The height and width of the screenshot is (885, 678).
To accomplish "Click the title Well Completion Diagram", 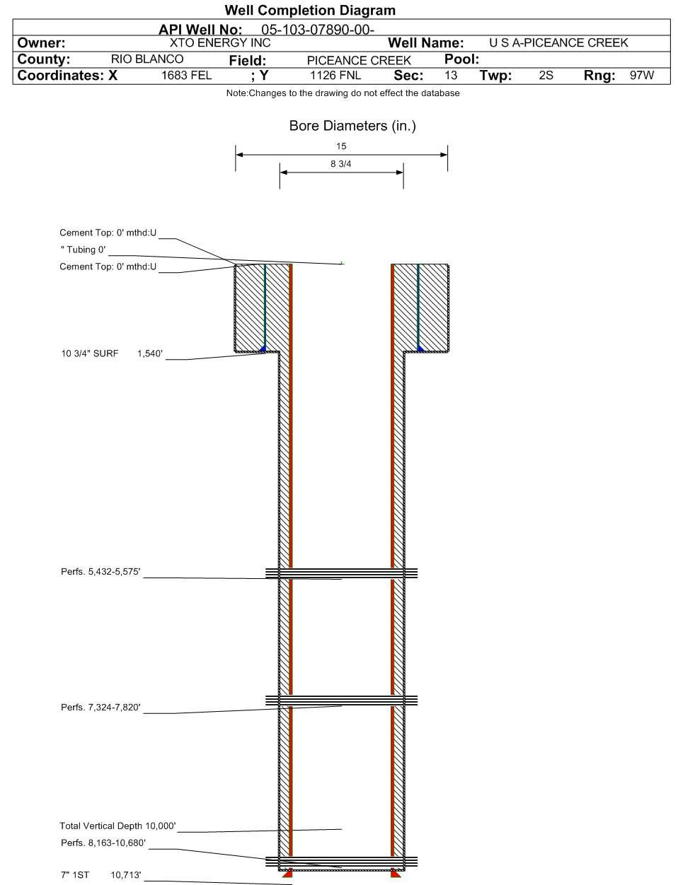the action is click(x=310, y=10).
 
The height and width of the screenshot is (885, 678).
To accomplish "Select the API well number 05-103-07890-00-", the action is click(x=318, y=30).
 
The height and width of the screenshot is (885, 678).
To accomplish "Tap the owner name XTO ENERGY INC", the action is click(x=220, y=42).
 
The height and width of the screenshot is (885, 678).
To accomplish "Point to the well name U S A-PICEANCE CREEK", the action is click(x=558, y=42).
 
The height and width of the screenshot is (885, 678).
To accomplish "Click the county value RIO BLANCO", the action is click(x=147, y=59).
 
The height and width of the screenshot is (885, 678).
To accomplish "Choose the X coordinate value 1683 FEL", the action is click(x=186, y=76).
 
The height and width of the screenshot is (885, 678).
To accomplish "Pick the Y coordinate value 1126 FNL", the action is click(x=335, y=76).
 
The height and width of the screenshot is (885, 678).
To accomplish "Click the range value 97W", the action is click(x=642, y=76).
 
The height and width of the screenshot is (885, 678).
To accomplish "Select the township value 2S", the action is click(x=546, y=76).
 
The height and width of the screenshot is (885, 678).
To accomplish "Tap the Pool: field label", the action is click(x=461, y=59).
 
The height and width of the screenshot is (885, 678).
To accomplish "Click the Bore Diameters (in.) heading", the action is click(x=352, y=126).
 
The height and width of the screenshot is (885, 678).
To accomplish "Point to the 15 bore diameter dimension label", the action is click(x=341, y=146).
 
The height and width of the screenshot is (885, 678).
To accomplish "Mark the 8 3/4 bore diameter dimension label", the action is click(x=341, y=164).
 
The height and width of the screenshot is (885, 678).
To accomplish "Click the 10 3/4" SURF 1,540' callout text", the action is click(x=112, y=353).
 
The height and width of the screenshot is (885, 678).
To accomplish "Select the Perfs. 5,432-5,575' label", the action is click(x=100, y=572).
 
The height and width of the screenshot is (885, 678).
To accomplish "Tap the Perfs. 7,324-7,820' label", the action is click(x=100, y=707).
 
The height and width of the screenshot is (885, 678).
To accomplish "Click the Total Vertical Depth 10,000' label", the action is click(x=118, y=826).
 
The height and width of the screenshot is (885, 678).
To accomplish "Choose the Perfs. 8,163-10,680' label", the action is click(x=103, y=843).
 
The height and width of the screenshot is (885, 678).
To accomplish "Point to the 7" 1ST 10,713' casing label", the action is click(x=101, y=875).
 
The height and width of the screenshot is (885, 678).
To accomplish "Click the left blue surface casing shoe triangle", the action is click(x=263, y=348).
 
